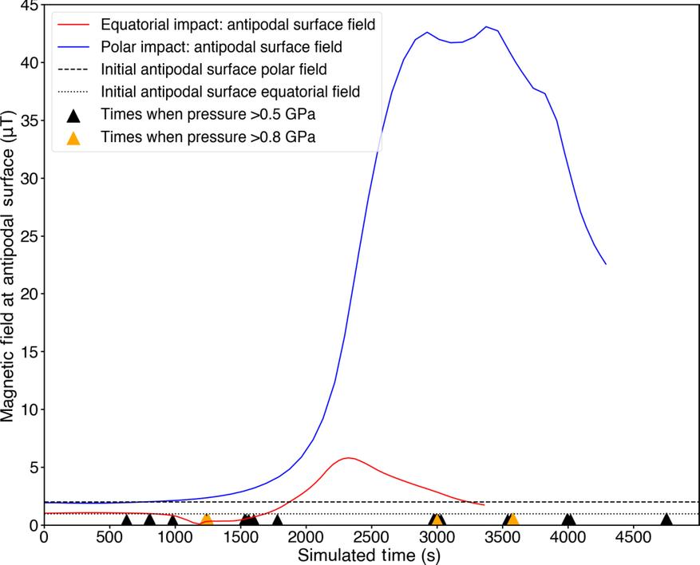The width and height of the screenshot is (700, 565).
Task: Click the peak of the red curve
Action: pyautogui.click(x=347, y=458)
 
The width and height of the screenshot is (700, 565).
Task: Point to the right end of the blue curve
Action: pyautogui.click(x=606, y=264)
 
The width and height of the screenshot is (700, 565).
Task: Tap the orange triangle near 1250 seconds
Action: pyautogui.click(x=206, y=520)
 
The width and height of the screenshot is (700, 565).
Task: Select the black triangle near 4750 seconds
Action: pyautogui.click(x=666, y=520)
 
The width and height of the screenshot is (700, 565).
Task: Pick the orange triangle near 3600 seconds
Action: pyautogui.click(x=512, y=520)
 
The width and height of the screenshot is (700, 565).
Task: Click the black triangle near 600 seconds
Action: pyautogui.click(x=126, y=520)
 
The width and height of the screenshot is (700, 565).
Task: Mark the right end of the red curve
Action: pyautogui.click(x=484, y=505)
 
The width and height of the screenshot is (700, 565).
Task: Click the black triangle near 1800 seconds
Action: pyautogui.click(x=277, y=520)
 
